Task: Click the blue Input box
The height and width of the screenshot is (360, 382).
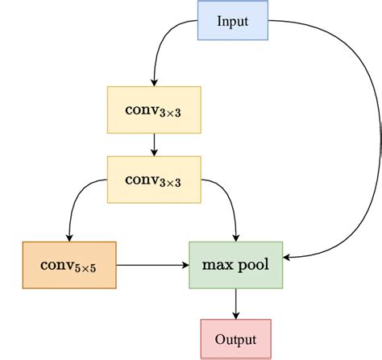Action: click(232, 20)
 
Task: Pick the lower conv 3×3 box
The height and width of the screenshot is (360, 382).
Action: click(153, 178)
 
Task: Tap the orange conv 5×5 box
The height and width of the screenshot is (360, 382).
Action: click(69, 263)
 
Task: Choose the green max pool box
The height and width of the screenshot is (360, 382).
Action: click(236, 264)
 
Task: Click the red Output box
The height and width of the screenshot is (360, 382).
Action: click(236, 339)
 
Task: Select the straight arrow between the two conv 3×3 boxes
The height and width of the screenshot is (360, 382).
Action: click(153, 143)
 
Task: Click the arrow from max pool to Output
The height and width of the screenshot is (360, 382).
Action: click(236, 302)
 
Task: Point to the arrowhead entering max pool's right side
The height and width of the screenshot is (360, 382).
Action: click(289, 258)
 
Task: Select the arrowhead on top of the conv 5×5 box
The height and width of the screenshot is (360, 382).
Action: click(69, 237)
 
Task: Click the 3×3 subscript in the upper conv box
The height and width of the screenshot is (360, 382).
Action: click(172, 114)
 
